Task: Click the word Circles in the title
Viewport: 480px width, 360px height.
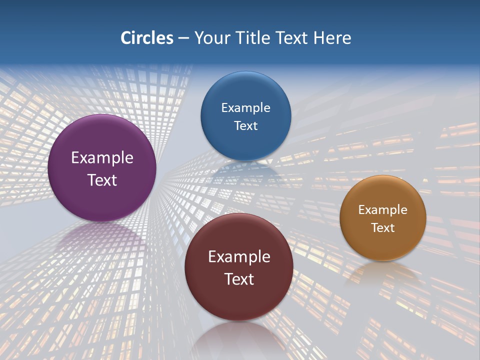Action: click(x=146, y=38)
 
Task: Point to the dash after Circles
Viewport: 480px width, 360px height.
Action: click(x=183, y=38)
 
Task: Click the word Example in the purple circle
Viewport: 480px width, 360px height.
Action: click(x=102, y=158)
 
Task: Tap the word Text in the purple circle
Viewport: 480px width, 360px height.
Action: click(x=102, y=180)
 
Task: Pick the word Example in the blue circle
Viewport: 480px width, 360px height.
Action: click(x=245, y=108)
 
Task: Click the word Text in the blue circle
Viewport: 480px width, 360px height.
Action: click(x=245, y=125)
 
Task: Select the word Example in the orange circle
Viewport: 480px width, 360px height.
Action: click(x=382, y=210)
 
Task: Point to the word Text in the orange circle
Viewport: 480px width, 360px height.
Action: click(x=382, y=228)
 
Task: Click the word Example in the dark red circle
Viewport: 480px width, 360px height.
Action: click(x=238, y=257)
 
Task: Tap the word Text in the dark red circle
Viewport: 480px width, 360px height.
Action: click(x=238, y=279)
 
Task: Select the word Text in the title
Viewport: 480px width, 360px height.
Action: click(x=291, y=38)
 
